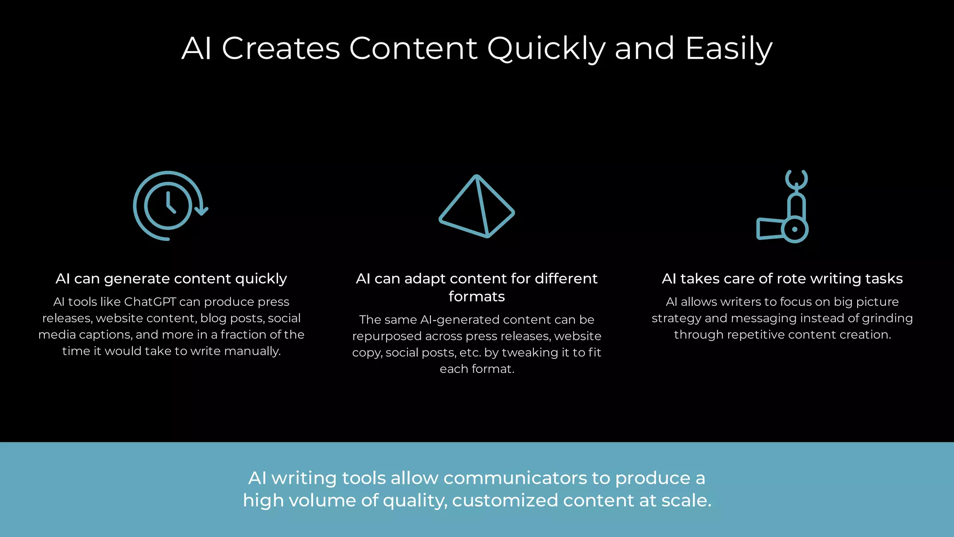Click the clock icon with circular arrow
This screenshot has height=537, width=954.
click(x=168, y=206)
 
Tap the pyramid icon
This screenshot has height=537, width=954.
click(x=477, y=207)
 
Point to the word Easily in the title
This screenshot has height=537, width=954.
click(x=729, y=49)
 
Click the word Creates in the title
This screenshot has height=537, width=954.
click(x=280, y=48)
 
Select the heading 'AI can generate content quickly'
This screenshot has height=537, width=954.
click(x=171, y=279)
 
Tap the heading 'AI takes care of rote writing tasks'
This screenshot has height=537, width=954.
click(x=782, y=279)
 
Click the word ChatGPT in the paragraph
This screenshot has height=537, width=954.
click(x=150, y=302)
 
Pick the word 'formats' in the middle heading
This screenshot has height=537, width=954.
click(x=477, y=296)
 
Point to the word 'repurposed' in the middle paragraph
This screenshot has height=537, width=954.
click(x=387, y=336)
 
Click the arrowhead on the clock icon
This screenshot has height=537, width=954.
click(x=201, y=211)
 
